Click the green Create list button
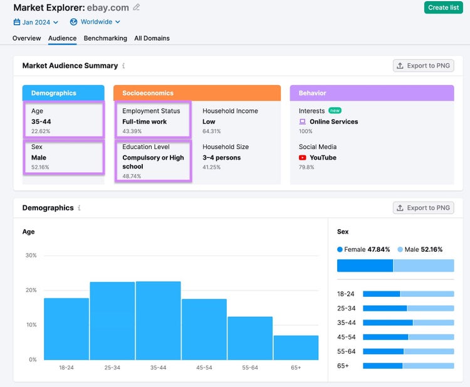click(443, 8)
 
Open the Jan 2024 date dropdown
click(36, 22)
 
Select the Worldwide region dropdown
click(95, 22)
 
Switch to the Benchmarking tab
click(105, 38)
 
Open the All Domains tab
click(152, 38)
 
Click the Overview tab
click(27, 38)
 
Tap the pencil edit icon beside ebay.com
click(137, 7)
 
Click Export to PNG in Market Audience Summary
click(423, 66)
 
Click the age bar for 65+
click(296, 348)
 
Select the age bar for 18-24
click(66, 329)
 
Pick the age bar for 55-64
click(250, 338)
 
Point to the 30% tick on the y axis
click(31, 255)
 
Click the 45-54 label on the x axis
click(204, 368)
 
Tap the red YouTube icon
click(303, 158)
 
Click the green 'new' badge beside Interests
click(335, 111)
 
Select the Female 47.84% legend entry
click(363, 249)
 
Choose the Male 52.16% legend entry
click(420, 249)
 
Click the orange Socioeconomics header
click(197, 93)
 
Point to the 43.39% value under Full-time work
click(132, 132)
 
